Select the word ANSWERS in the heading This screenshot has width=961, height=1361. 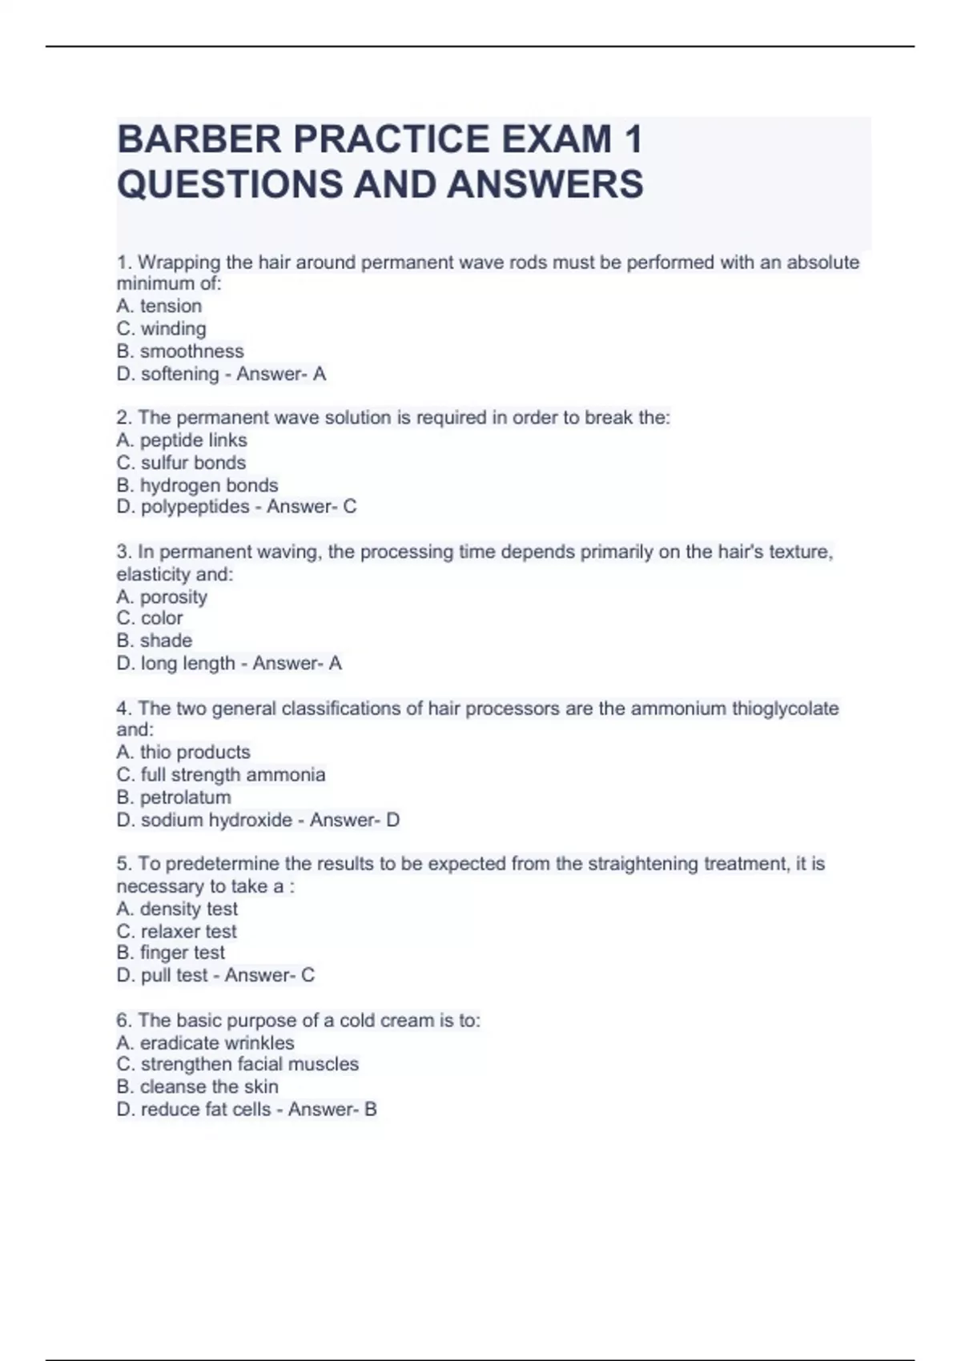[545, 184]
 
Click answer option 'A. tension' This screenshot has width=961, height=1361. [159, 306]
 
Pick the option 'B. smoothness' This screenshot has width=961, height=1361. [180, 351]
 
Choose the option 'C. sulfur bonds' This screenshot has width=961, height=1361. [181, 463]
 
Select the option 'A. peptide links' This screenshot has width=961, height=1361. [182, 440]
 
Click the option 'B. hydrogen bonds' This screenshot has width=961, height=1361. [197, 485]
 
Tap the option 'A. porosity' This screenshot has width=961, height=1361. [162, 596]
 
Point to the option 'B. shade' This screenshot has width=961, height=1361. [155, 640]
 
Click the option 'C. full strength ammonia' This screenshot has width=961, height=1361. [221, 775]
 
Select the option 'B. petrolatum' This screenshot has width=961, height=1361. [174, 797]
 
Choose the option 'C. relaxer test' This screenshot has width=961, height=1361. [177, 931]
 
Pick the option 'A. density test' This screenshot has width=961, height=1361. [177, 909]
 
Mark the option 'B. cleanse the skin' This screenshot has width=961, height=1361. [198, 1086]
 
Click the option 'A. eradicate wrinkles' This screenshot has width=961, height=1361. [205, 1042]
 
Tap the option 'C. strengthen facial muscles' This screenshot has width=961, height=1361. [238, 1064]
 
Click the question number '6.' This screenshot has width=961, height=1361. [124, 1020]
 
